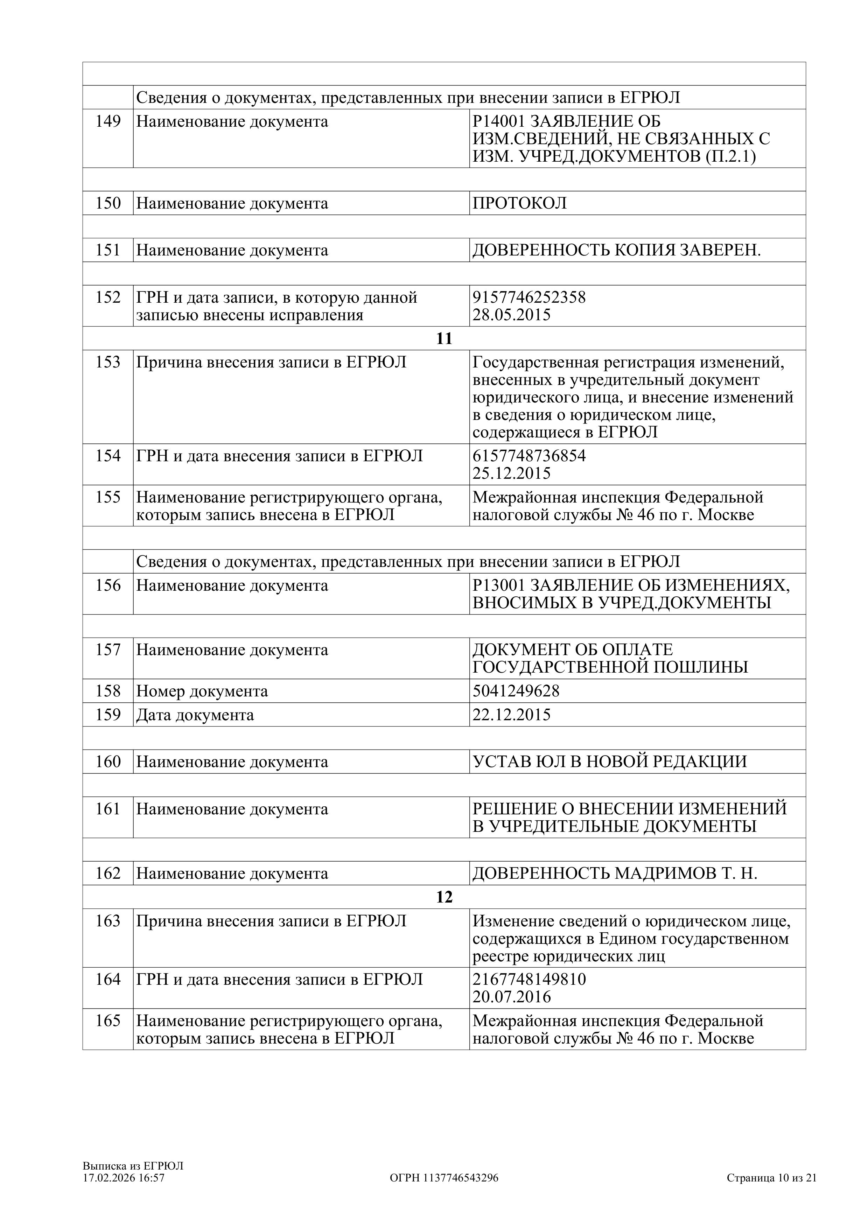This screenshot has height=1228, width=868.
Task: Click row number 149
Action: [108, 121]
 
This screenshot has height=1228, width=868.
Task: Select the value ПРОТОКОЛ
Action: [519, 203]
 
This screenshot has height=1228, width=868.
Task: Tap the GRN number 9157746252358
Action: [529, 297]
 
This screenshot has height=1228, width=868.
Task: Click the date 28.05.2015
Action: [511, 315]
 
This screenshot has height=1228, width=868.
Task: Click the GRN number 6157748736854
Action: [529, 456]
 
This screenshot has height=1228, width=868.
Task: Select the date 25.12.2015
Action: [511, 473]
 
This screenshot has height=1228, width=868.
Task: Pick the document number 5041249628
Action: [516, 691]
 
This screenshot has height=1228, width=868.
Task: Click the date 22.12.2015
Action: [511, 715]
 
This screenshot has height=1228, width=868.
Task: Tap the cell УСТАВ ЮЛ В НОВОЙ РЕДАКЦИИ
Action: [610, 762]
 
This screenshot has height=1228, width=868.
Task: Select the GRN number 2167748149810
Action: [529, 979]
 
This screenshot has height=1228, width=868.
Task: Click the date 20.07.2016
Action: [511, 997]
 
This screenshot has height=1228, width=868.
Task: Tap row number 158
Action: [108, 691]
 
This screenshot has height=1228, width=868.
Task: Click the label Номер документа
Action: [202, 691]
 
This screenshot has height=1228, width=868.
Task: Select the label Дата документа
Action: [195, 715]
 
